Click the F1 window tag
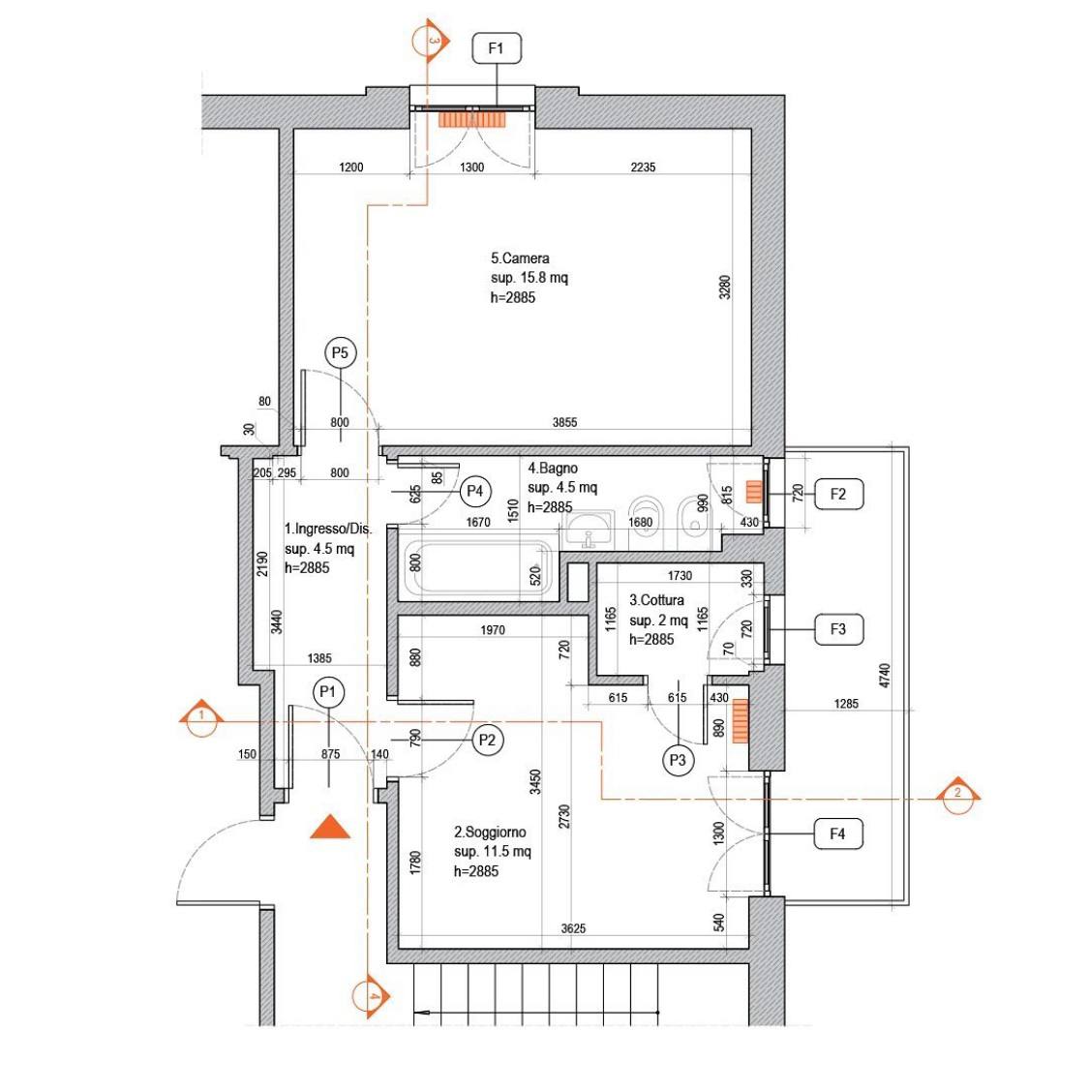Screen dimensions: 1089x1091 497,48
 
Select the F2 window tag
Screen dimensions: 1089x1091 838,494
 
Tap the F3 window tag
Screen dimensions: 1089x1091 838,629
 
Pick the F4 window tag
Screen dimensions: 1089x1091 838,833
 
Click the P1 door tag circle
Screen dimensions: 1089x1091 328,693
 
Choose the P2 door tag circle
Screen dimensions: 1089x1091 487,741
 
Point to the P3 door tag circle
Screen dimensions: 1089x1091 678,761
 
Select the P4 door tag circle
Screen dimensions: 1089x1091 475,491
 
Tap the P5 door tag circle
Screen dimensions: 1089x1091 341,353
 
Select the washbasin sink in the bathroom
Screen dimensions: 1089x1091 589,530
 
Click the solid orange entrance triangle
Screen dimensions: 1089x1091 330,827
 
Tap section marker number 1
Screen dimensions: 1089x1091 201,718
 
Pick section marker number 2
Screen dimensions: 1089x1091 958,796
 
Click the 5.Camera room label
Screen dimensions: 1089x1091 520,258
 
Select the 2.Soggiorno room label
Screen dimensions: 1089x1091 490,833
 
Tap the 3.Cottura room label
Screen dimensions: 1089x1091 657,600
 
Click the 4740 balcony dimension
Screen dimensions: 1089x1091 885,677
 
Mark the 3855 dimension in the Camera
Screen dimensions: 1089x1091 565,422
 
